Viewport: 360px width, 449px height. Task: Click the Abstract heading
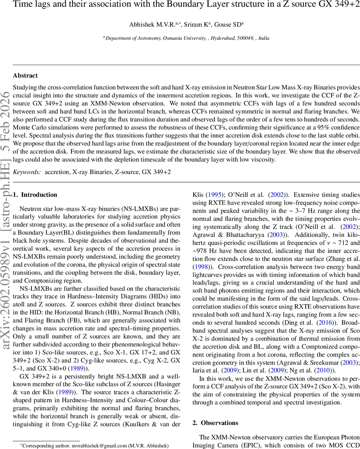click(x=25, y=76)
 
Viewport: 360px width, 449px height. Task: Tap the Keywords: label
click(x=27, y=172)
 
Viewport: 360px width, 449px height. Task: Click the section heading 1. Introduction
click(x=35, y=195)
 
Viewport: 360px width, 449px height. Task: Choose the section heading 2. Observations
click(x=215, y=423)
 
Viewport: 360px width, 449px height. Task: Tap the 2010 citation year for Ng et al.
click(x=324, y=370)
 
